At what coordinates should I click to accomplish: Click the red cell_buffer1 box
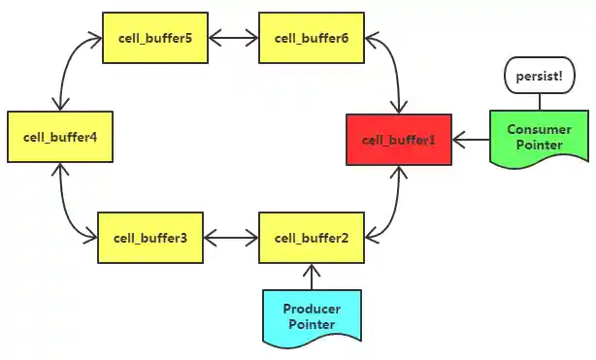399,140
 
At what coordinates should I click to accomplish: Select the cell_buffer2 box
311,237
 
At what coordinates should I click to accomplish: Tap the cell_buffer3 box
149,237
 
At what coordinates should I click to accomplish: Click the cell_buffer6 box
311,39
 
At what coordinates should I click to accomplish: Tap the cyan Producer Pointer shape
311,316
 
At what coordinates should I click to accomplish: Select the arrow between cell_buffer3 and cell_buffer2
230,237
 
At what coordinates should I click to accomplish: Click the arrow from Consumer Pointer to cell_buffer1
470,141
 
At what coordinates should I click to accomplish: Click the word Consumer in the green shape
540,129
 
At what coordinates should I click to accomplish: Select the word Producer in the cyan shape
311,309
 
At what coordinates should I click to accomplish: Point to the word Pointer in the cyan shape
311,324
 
